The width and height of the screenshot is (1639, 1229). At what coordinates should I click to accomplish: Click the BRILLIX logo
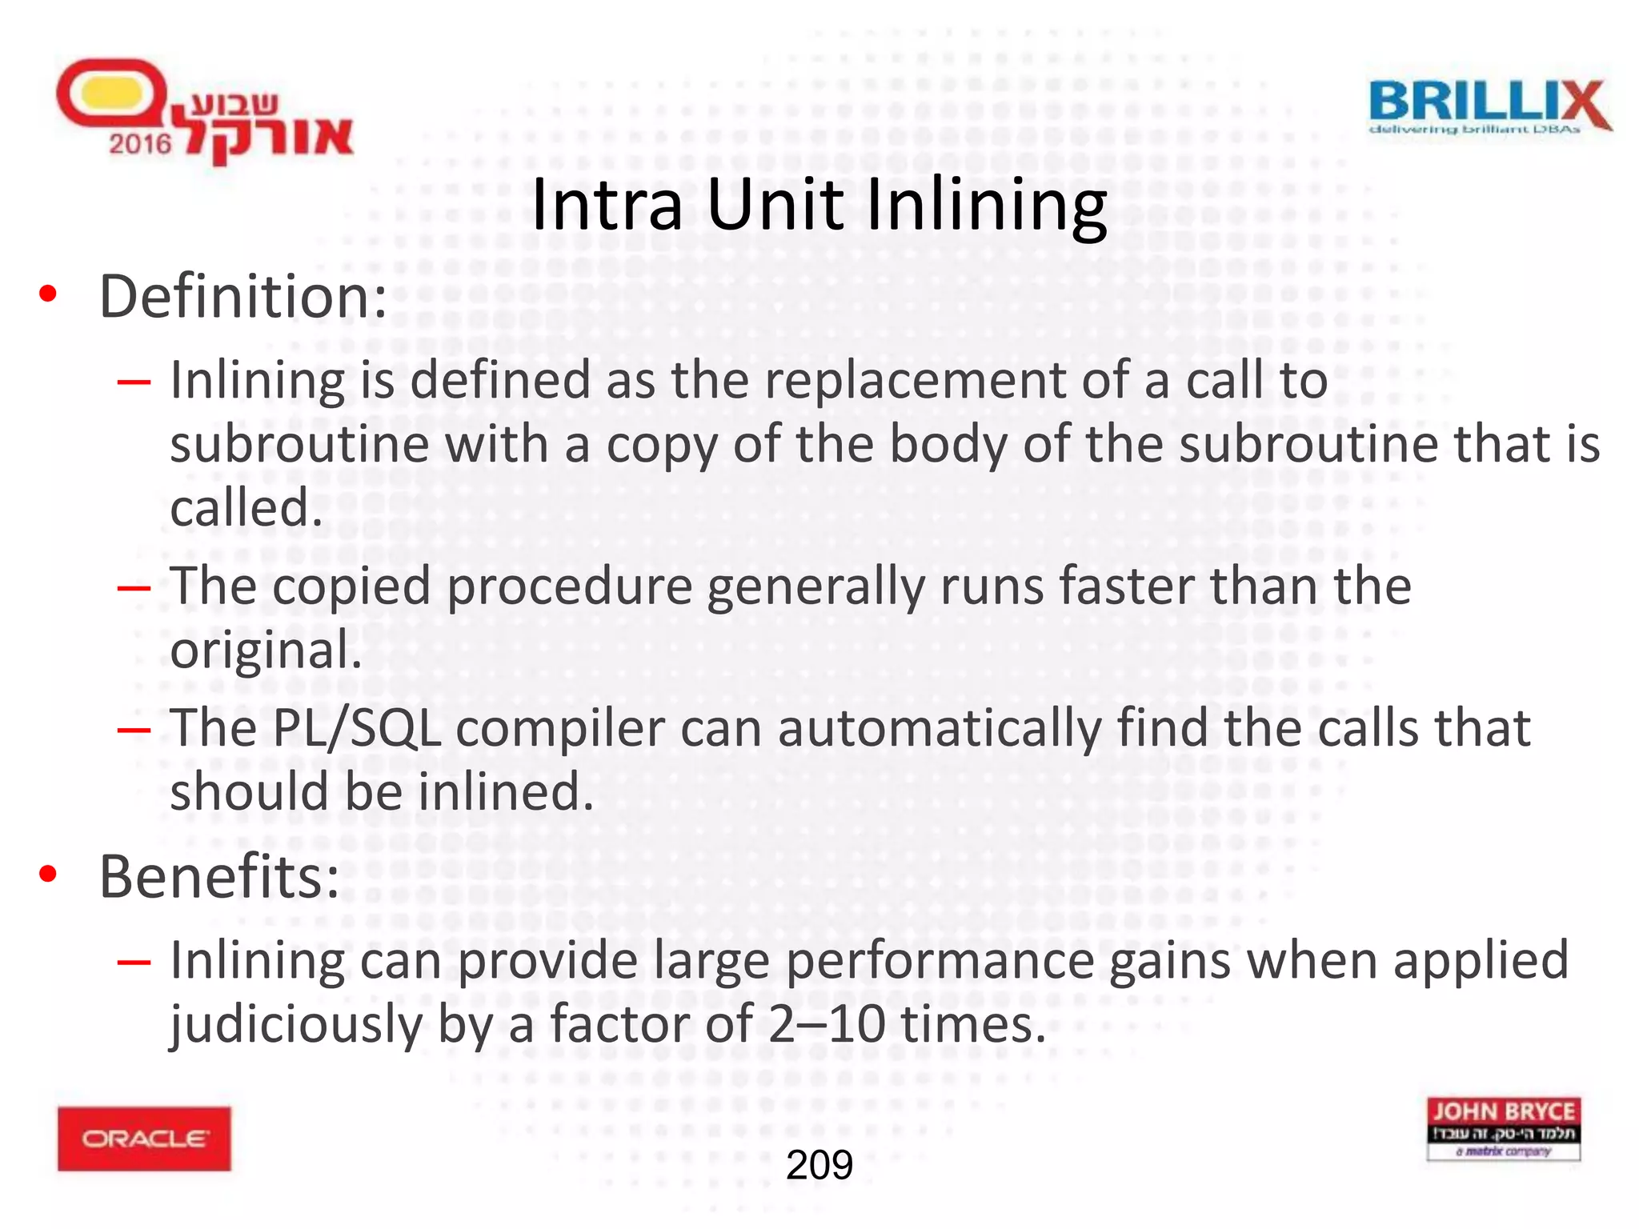pyautogui.click(x=1489, y=107)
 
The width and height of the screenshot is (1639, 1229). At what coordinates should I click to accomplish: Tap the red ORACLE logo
pyautogui.click(x=144, y=1139)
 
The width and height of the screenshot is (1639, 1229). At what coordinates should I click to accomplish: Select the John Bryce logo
pyautogui.click(x=1503, y=1128)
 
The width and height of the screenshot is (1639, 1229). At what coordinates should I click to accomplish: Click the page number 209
pyautogui.click(x=819, y=1165)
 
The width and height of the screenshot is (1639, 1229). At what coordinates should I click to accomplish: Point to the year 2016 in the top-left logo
pyautogui.click(x=140, y=144)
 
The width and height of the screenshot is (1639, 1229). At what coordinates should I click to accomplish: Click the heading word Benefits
pyautogui.click(x=218, y=877)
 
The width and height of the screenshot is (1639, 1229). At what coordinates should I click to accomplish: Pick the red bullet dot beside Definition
pyautogui.click(x=48, y=294)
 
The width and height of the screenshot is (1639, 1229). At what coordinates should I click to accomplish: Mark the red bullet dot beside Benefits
pyautogui.click(x=48, y=875)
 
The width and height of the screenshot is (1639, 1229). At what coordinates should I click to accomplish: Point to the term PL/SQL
pyautogui.click(x=356, y=729)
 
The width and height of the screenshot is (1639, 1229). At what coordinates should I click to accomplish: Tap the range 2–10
pyautogui.click(x=827, y=1025)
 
